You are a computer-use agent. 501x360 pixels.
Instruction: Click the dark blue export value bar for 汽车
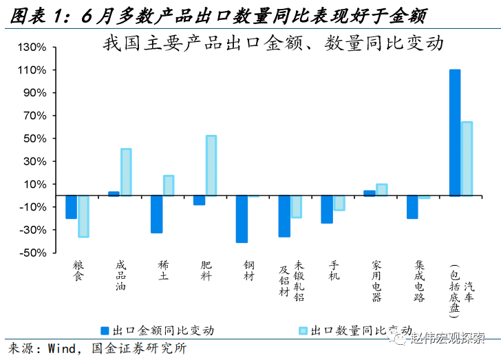pos(454,133)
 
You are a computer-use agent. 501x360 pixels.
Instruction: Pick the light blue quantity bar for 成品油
pos(126,172)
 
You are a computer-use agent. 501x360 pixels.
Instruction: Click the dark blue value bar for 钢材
pos(242,219)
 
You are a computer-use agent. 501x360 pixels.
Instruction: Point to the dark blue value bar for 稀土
pos(156,214)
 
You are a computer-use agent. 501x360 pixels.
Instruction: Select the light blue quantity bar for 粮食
pos(83,216)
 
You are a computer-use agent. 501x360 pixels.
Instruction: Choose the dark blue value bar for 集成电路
pos(412,207)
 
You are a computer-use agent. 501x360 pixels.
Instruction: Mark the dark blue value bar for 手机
pos(327,209)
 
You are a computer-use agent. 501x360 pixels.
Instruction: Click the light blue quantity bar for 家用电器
pos(382,190)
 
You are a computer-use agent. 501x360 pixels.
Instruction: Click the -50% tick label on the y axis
pos(32,253)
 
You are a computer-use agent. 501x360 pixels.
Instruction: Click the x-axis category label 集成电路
pos(419,280)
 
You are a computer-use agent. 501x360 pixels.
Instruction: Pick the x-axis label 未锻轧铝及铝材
pos(292,280)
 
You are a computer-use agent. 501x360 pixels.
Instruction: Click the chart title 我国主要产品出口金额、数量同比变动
pos(270,44)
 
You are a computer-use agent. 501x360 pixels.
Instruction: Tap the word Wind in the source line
pos(65,348)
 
